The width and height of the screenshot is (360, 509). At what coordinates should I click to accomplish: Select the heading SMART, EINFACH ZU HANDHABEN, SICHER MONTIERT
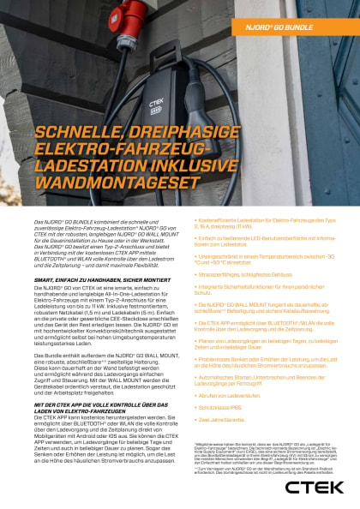click(x=94, y=280)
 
